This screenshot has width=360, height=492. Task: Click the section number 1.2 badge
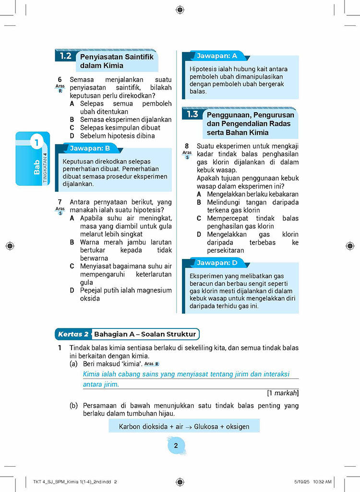point(66,56)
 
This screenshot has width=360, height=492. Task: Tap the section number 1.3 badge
point(192,114)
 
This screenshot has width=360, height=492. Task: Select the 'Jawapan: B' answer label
point(90,148)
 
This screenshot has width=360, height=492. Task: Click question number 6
point(60,79)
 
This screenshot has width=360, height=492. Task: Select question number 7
point(60,202)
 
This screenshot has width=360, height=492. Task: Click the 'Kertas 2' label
point(73,334)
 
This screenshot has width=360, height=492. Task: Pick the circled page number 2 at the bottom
point(176,445)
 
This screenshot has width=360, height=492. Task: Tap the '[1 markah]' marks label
point(283,393)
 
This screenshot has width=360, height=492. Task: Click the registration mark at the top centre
point(180,9)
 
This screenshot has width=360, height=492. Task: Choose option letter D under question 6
point(72,136)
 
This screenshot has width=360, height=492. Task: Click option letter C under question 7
point(72,266)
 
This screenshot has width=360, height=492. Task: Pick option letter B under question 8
point(199,202)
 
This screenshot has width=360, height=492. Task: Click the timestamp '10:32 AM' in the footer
point(320,481)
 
